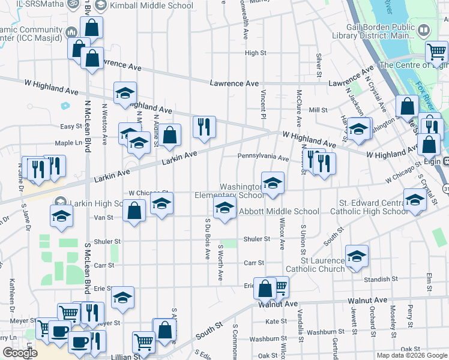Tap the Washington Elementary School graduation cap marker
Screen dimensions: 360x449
(x=273, y=182)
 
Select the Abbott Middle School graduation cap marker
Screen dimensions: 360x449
(x=224, y=209)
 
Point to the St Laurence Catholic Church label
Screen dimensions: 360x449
(x=315, y=265)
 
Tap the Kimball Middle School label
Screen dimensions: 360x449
(x=152, y=5)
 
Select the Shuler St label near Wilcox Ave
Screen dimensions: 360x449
(x=256, y=239)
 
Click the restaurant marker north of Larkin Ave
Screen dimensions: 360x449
(x=204, y=127)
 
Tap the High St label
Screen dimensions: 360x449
(x=255, y=53)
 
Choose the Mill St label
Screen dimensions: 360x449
(x=318, y=110)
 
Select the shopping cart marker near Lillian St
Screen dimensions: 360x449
(x=143, y=342)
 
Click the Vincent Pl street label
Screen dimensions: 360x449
(x=263, y=103)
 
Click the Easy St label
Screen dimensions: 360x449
(x=71, y=127)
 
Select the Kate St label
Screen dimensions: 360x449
(x=276, y=322)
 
